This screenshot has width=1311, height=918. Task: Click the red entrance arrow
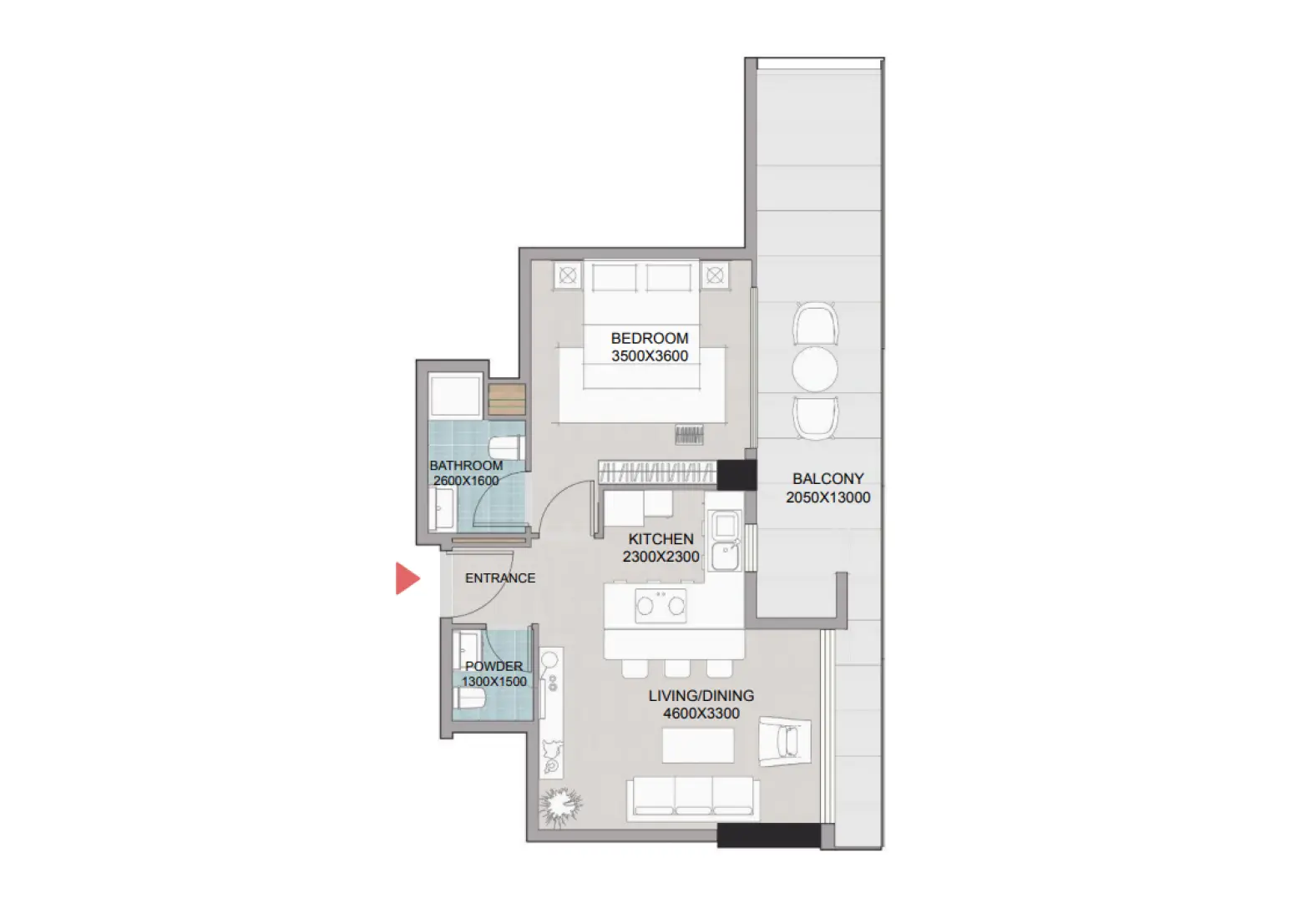pyautogui.click(x=407, y=578)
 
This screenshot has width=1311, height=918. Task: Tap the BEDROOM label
pyautogui.click(x=650, y=338)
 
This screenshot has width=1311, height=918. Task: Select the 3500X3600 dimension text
pyautogui.click(x=650, y=356)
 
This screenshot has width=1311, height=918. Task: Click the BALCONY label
pyautogui.click(x=828, y=479)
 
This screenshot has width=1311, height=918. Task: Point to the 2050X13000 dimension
pyautogui.click(x=828, y=497)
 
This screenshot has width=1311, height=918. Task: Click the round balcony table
pyautogui.click(x=815, y=368)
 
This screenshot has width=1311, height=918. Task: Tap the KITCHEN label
pyautogui.click(x=661, y=539)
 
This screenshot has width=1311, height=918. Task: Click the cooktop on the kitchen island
pyautogui.click(x=661, y=605)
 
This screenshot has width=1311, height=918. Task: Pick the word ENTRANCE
pyautogui.click(x=500, y=578)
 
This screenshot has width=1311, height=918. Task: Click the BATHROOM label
pyautogui.click(x=466, y=466)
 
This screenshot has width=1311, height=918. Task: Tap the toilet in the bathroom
pyautogui.click(x=506, y=449)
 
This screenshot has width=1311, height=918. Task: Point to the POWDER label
pyautogui.click(x=494, y=666)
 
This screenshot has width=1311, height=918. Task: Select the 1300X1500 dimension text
pyautogui.click(x=494, y=682)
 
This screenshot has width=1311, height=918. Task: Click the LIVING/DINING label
pyautogui.click(x=701, y=695)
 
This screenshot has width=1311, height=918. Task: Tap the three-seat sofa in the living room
pyautogui.click(x=693, y=797)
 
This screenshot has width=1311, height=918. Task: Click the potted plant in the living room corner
pyautogui.click(x=559, y=805)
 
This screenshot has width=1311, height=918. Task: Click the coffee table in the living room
pyautogui.click(x=698, y=745)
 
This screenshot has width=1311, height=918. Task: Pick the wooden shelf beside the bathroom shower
pyautogui.click(x=506, y=399)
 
